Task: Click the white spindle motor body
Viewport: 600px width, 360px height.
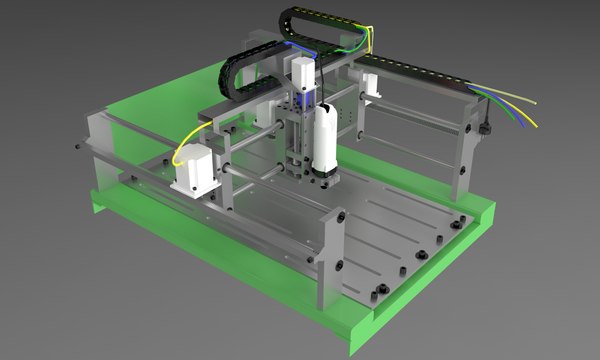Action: coord(325,140)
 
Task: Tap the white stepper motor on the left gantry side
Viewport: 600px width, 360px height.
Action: coord(193,171)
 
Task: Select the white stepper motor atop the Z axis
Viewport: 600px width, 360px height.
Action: coord(303,72)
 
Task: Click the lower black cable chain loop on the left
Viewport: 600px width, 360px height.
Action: coord(232,68)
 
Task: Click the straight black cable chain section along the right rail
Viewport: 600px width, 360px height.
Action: coord(420,68)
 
